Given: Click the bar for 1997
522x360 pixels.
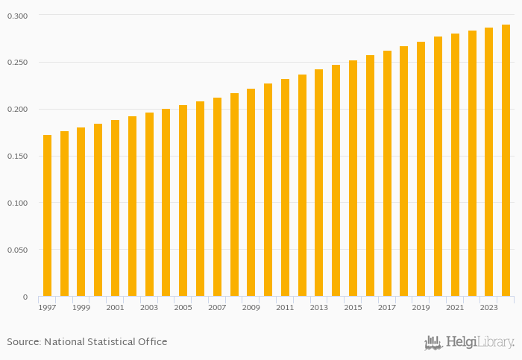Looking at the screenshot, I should point(47,215).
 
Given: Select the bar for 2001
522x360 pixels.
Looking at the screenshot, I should point(115,208).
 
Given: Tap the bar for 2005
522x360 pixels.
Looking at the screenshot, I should point(183,200).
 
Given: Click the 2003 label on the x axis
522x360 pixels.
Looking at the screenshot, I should point(149,308).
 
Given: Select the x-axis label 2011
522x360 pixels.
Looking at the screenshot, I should point(285,308).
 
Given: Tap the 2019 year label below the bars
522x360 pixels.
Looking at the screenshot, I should point(421,308).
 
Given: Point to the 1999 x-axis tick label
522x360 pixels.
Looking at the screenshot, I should point(81,308).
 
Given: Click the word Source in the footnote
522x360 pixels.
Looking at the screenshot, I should point(23,342).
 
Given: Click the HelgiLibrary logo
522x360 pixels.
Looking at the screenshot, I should point(470,343).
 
